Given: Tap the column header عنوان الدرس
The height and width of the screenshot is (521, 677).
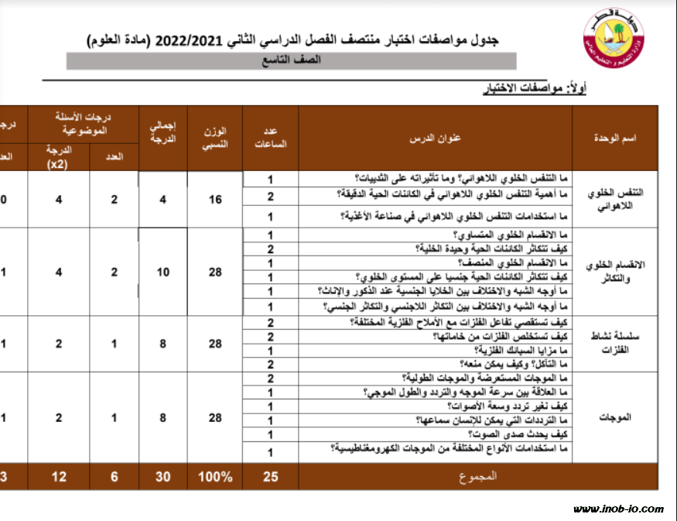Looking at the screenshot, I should (436, 139).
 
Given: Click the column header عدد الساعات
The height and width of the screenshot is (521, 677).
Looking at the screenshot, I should (271, 139).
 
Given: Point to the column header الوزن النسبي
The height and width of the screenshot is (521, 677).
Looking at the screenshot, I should (215, 139).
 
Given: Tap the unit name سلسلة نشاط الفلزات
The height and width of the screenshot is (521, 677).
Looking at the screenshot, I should (616, 341).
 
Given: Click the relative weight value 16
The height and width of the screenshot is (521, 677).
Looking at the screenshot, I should (215, 199).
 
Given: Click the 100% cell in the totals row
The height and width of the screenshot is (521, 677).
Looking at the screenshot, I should (215, 477).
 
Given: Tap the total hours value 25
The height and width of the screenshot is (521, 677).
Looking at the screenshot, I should (271, 477).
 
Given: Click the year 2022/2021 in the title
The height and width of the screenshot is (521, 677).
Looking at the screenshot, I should (190, 39).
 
